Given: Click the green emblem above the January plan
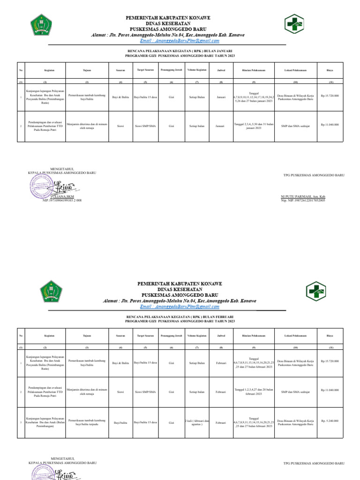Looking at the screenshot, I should tap(42, 26).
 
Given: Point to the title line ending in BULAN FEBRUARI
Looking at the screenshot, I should tap(180, 317).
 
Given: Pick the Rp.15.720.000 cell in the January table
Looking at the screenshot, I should tap(330, 96).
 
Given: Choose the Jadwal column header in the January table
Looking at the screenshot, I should tap(221, 70).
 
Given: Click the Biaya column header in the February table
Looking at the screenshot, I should tap(330, 336).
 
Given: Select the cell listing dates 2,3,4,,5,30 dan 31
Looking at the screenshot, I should tap(254, 125).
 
